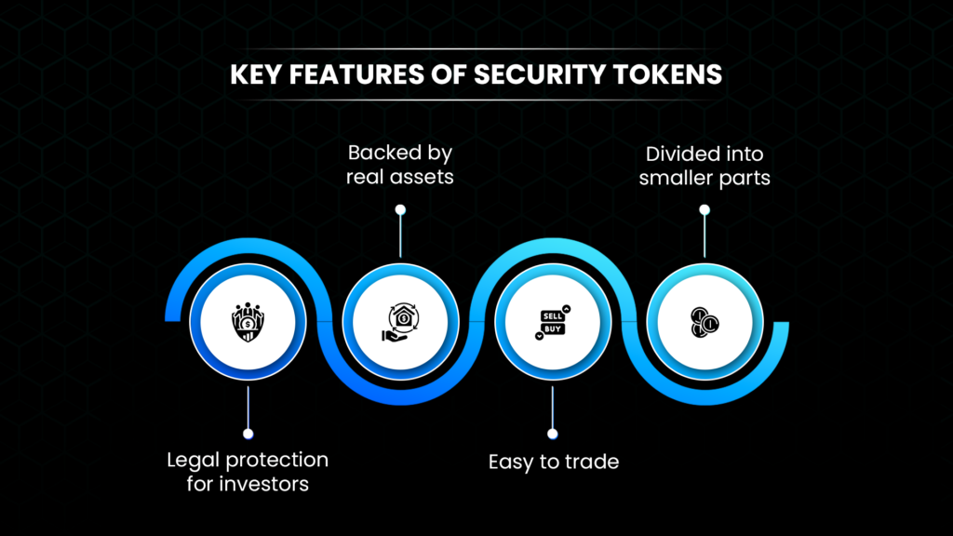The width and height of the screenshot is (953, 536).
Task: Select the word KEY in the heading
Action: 255,75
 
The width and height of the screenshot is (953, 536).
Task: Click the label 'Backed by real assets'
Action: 400,164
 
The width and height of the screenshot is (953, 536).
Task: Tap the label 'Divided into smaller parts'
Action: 705,164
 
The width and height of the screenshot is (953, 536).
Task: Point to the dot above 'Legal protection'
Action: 248,434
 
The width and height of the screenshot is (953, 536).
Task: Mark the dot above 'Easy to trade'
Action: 553,434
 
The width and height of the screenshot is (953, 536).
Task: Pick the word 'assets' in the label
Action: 423,176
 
